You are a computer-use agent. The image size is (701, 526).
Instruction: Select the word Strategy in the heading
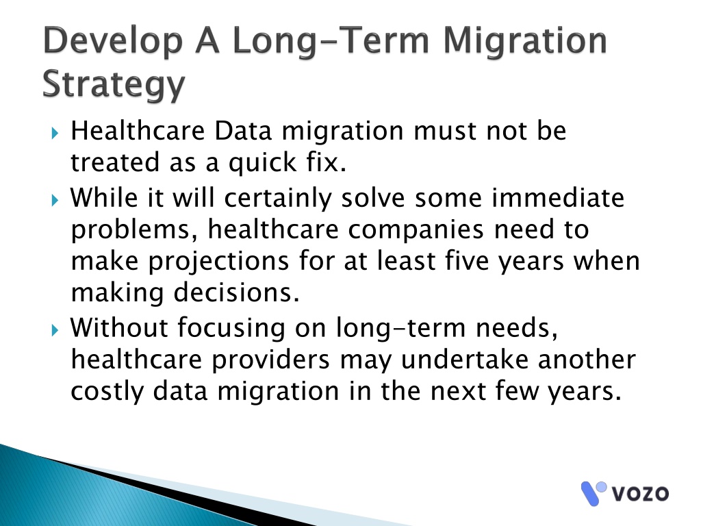114,84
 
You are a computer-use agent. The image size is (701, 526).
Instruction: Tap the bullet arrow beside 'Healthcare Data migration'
55,133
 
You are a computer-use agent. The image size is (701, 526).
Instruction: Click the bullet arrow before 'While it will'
55,199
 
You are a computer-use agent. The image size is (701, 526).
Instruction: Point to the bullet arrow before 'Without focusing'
55,330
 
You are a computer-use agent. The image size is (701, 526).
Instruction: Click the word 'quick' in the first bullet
262,162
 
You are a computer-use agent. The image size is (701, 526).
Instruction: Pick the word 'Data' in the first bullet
243,131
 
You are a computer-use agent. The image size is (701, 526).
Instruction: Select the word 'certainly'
278,198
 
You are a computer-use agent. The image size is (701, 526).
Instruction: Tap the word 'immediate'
558,197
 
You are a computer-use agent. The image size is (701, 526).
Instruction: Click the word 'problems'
135,230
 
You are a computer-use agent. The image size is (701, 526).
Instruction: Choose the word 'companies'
416,230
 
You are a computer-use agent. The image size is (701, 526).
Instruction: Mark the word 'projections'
218,262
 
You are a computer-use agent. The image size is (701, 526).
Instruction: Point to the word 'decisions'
236,293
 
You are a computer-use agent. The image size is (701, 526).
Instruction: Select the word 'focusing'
231,329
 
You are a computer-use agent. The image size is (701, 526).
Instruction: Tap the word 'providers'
270,360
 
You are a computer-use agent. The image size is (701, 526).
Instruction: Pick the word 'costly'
107,392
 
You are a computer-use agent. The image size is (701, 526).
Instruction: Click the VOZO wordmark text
640,494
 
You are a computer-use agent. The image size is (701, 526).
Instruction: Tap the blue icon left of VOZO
593,493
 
